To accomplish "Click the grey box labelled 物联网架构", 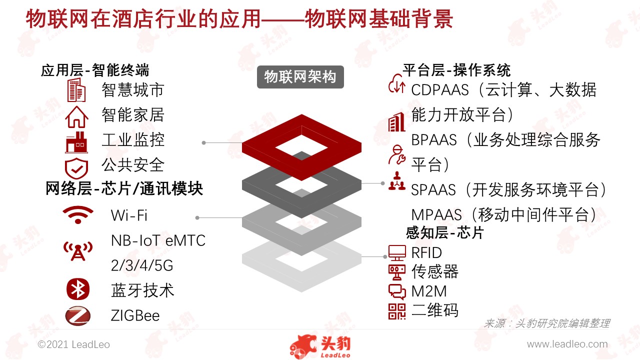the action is coord(300,77).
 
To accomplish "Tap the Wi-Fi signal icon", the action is coord(78,214).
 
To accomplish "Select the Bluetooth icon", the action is coord(77,289).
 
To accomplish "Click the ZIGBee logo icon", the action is coord(77,316).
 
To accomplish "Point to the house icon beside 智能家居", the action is coord(76,116).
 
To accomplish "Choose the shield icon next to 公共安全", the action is coord(76,168).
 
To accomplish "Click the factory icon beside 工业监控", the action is coord(76,142).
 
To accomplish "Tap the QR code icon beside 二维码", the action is coord(397,311).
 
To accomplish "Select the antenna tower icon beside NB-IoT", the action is coord(78,251).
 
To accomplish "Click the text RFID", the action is coord(426,253).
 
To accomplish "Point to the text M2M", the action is coord(429,291).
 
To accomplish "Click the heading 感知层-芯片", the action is coord(444,232).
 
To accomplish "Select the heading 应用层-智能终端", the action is coord(95,70).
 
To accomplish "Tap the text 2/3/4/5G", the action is coord(142,265).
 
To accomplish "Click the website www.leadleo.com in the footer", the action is coord(567,344).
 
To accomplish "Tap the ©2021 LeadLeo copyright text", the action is coord(73,344).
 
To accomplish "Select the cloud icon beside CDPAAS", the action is coord(397,83).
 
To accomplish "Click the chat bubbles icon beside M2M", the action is coord(397,291).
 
